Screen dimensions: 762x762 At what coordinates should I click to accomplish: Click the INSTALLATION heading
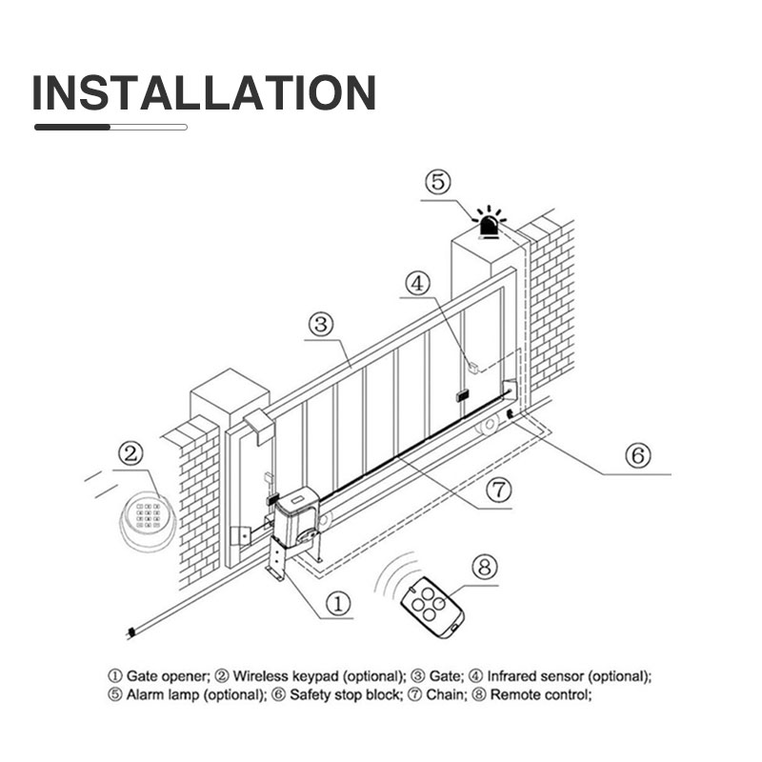(x=204, y=92)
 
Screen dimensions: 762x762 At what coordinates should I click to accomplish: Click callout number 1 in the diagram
(x=340, y=602)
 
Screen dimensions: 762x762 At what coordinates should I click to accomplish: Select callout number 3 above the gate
(x=321, y=325)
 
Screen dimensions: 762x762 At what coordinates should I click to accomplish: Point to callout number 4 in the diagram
(x=419, y=283)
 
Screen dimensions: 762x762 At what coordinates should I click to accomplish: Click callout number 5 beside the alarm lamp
(x=436, y=182)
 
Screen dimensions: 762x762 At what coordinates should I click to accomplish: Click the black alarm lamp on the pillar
(x=490, y=223)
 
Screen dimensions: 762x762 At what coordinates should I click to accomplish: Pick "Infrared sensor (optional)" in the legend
(x=569, y=675)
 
